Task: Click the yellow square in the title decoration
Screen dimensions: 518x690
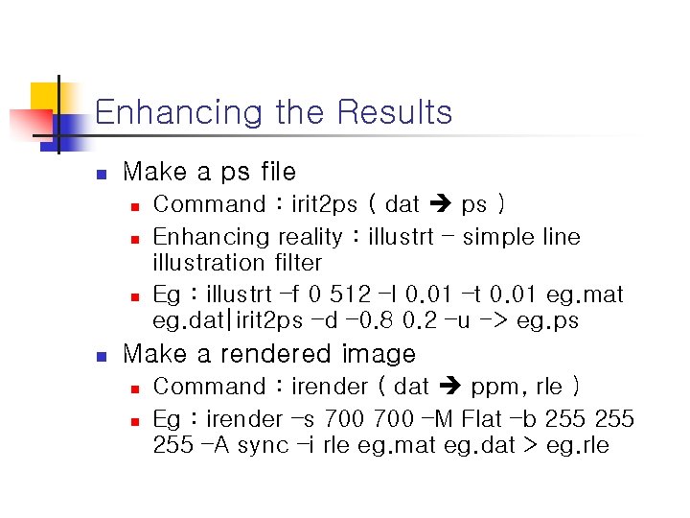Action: click(x=44, y=97)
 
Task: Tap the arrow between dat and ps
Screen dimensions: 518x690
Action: click(x=441, y=204)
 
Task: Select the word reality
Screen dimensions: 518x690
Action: click(x=310, y=237)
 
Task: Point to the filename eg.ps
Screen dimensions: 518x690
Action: click(x=547, y=320)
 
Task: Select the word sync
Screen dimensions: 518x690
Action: click(x=263, y=445)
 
